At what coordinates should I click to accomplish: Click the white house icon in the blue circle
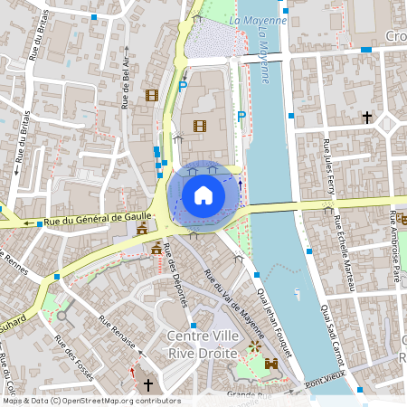coord(203,195)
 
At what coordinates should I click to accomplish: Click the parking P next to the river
coord(241,116)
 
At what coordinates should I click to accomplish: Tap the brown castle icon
coord(271,364)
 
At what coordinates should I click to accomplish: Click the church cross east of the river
coord(367,118)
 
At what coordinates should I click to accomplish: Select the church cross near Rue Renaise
coord(148,384)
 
